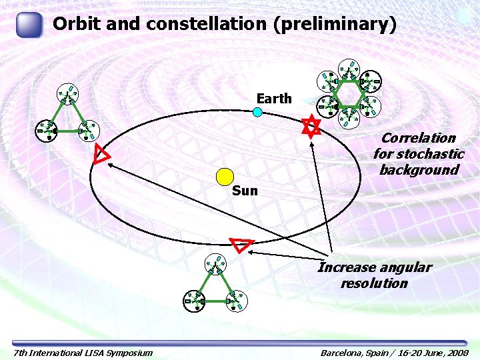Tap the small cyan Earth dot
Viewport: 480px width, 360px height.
257,112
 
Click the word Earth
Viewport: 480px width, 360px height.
274,99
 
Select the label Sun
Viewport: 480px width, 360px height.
245,191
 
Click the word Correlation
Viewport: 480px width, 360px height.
418,138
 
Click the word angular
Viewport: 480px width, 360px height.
405,267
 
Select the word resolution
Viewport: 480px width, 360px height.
373,283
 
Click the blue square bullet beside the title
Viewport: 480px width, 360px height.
29,25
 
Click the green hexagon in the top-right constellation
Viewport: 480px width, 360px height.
347,93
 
